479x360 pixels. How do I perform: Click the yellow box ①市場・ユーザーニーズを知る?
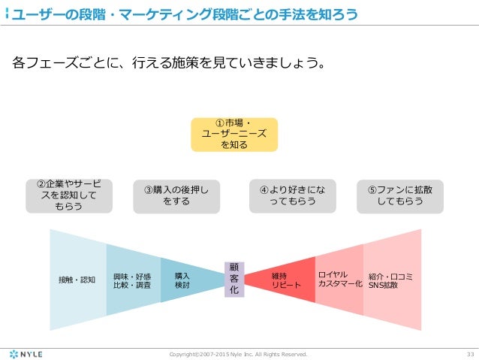tap(233, 134)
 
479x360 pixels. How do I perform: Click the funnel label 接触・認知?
tap(77, 280)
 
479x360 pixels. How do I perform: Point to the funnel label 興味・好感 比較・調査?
tap(132, 280)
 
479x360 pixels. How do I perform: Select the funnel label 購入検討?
tap(182, 280)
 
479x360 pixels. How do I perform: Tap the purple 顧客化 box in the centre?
tap(233, 278)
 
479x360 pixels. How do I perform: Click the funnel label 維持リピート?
tap(286, 280)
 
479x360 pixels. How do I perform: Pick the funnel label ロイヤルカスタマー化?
tap(339, 280)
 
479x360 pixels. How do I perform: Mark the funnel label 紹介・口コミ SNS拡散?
tap(390, 280)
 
